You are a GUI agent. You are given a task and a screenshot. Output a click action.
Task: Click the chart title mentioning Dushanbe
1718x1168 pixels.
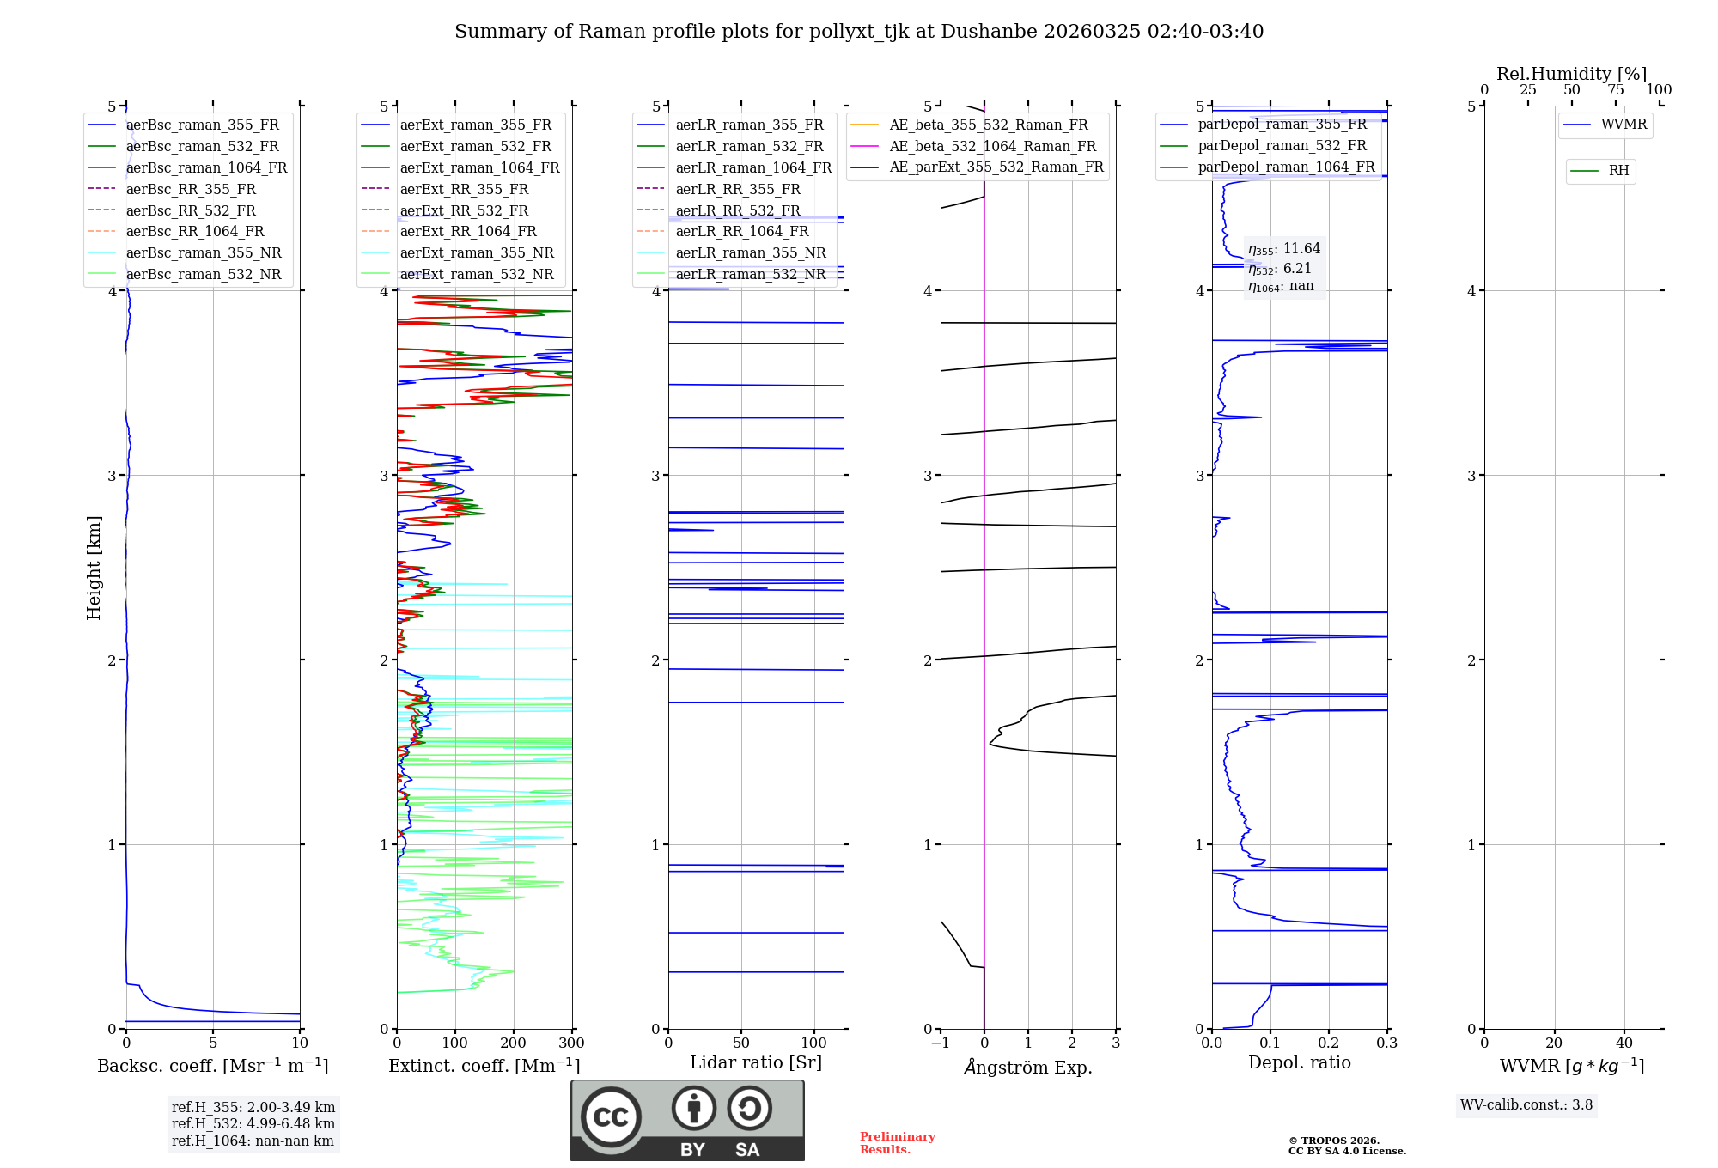click(x=859, y=32)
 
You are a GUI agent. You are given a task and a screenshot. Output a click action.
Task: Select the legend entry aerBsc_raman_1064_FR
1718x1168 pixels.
click(x=206, y=167)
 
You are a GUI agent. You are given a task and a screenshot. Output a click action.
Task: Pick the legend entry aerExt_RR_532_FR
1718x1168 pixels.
click(x=464, y=210)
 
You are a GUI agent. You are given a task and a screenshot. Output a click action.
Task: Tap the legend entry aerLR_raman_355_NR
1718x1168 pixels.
click(x=750, y=252)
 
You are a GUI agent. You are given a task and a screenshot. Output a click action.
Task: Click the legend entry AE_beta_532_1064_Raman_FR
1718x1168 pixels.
click(x=992, y=146)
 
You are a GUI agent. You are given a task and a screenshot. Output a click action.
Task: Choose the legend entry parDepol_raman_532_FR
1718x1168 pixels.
click(x=1282, y=146)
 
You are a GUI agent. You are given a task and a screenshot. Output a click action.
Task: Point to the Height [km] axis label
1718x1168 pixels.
click(x=94, y=568)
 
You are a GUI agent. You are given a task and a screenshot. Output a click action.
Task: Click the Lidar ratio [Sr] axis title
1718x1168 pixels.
click(x=756, y=1062)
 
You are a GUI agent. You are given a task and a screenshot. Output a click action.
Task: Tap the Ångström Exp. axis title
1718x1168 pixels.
click(x=1028, y=1067)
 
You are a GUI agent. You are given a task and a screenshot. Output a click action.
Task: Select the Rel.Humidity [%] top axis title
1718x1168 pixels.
click(x=1571, y=74)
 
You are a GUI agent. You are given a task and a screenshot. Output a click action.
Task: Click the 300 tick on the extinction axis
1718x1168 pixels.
click(x=572, y=1043)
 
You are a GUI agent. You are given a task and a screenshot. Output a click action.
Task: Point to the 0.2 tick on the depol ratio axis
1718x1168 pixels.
click(x=1329, y=1043)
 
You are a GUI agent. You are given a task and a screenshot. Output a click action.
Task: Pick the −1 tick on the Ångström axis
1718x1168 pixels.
click(x=941, y=1043)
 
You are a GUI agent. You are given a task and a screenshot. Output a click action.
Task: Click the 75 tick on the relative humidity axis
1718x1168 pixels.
click(x=1616, y=90)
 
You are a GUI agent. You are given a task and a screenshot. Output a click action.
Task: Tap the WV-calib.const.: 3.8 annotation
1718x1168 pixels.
click(x=1526, y=1105)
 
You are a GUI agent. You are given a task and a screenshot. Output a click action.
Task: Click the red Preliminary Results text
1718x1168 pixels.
click(x=897, y=1143)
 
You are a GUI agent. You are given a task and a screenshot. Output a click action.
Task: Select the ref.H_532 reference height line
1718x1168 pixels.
click(x=253, y=1124)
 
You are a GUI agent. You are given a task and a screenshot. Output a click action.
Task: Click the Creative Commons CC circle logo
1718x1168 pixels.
click(x=611, y=1117)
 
